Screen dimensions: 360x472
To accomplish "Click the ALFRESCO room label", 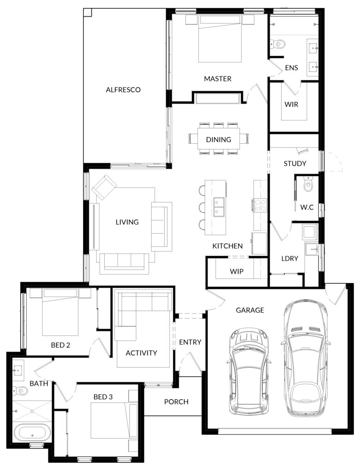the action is coord(123,90).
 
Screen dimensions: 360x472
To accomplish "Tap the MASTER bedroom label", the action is coord(218,79).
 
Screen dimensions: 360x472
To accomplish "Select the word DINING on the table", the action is coord(218,140).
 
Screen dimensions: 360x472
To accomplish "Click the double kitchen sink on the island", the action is coord(219,207).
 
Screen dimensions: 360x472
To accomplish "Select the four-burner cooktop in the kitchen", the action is coord(260,205).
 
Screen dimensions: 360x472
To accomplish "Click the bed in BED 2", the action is coord(60,312).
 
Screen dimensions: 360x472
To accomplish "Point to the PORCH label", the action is coord(177,402).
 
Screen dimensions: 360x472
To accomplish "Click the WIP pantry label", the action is coord(236,271).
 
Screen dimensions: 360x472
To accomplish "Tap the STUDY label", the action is coord(295,164).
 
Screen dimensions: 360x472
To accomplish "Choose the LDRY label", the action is coord(290,259).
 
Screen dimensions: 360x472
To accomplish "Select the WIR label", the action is coord(291,105).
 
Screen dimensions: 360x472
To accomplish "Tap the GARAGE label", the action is coord(250,310).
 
